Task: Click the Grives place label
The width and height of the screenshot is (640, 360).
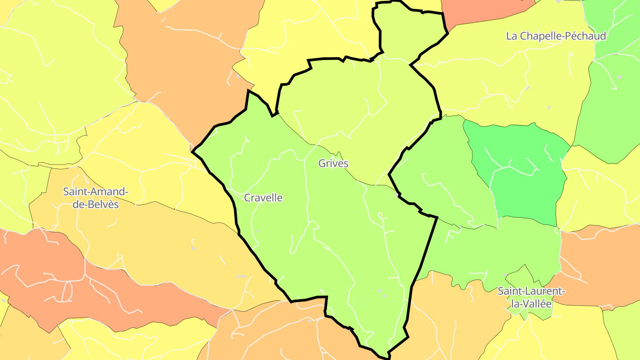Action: [x=333, y=163]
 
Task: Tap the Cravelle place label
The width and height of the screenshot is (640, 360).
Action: [x=263, y=198]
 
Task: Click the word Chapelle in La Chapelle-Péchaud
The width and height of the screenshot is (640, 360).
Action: [x=539, y=36]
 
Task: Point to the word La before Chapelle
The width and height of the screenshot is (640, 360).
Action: [x=512, y=36]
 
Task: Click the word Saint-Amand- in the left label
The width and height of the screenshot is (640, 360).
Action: [x=96, y=192]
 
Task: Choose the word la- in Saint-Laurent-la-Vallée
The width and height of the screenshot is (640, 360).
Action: [x=515, y=304]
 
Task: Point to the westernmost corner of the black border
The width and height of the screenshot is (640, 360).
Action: [x=192, y=152]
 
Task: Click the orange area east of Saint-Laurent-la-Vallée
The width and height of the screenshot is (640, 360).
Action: [x=596, y=262]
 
